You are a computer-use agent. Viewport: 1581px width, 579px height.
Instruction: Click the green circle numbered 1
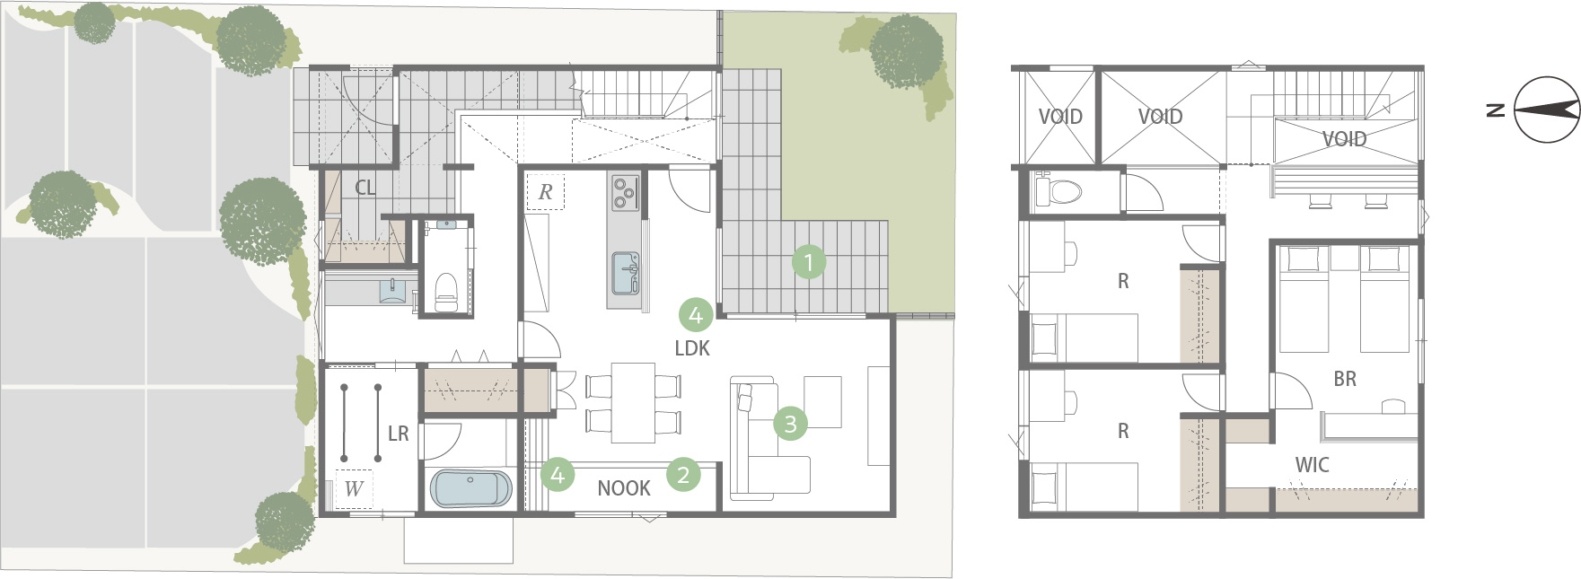coord(809,263)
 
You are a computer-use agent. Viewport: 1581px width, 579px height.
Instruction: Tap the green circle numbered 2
coord(683,475)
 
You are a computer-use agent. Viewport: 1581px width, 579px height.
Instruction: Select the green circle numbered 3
coord(790,423)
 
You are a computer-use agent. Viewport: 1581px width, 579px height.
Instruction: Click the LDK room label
coord(692,348)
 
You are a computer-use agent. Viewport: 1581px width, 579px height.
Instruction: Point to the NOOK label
coord(624,488)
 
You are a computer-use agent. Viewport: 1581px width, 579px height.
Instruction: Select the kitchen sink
coord(624,273)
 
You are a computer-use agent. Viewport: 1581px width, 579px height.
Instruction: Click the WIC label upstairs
coord(1312,465)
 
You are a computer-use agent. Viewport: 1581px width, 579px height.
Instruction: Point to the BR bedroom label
coord(1345,379)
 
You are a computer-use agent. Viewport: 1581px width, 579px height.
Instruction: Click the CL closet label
coord(365,188)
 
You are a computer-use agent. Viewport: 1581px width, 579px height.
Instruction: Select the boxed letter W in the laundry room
coord(354,489)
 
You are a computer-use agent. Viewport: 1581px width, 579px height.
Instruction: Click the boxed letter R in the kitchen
coord(545,192)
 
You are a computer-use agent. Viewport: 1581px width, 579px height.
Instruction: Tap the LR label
coord(398,434)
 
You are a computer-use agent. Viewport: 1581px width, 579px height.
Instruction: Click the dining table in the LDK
coord(633,402)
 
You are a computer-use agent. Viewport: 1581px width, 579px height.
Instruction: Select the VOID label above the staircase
coord(1344,139)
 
